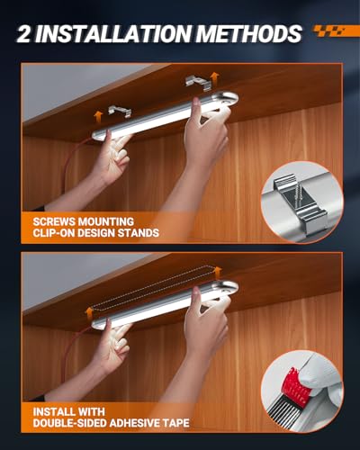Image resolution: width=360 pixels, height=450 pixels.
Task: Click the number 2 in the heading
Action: coord(24,33)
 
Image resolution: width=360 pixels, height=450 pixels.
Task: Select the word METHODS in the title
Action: coord(249,33)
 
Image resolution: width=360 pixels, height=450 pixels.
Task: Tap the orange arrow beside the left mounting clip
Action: coord(98,116)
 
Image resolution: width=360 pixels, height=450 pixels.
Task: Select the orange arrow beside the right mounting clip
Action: coord(215,78)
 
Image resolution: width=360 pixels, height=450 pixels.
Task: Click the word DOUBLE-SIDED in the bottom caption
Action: coord(70,423)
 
